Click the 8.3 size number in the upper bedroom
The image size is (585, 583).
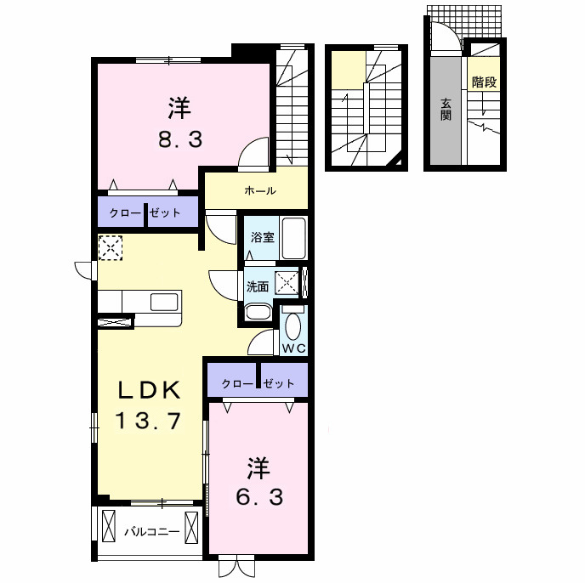coord(180,140)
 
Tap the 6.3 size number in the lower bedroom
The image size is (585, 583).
coord(259,497)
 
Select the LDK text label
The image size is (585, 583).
coord(150,390)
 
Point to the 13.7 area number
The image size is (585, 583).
coord(148,421)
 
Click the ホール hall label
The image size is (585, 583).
coord(260,190)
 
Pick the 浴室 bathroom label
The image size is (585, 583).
coord(263,237)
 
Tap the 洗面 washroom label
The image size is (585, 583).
coord(258,286)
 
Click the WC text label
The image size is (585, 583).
coord(294,348)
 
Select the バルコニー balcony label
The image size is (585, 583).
coord(152,531)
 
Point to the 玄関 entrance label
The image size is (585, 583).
coord(446,109)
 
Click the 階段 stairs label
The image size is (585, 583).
coord(485,82)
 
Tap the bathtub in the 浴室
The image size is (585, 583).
coord(294,238)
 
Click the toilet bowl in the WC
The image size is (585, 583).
coord(292,325)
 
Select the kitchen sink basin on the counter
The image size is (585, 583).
coord(164,302)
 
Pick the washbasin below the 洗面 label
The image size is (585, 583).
coord(258,312)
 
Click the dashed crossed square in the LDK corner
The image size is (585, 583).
coord(111,247)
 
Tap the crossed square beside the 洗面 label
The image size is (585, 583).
coord(287,282)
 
